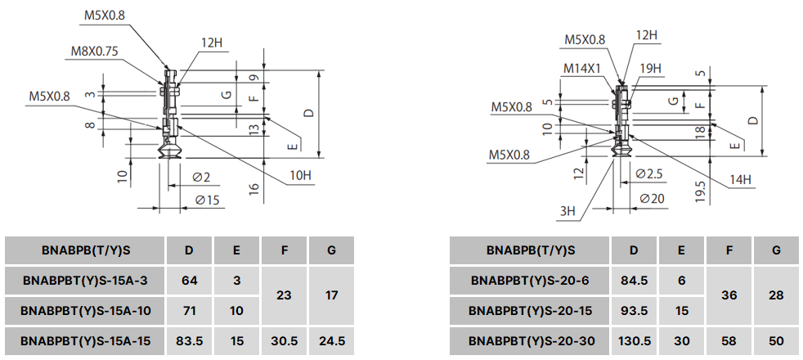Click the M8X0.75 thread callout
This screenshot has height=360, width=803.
94,51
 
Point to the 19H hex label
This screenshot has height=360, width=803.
651,69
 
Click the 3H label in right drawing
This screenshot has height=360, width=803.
567,210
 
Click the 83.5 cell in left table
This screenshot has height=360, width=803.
190,339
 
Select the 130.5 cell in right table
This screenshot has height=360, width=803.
635,339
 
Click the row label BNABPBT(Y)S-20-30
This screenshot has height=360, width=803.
531,339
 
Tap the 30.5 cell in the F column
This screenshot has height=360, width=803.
284,339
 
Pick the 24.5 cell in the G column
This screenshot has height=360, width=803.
331,339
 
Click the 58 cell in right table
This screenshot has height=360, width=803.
729,339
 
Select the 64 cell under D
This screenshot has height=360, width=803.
190,281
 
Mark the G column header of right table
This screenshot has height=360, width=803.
776,250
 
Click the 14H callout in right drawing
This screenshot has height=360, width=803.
740,179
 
